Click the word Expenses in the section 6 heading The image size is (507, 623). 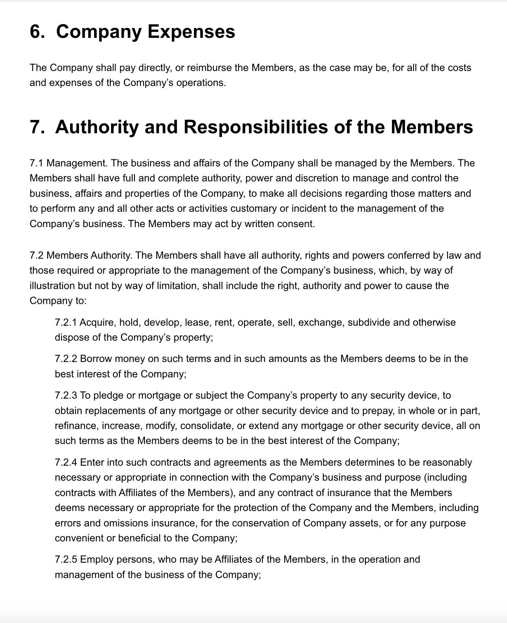(x=191, y=32)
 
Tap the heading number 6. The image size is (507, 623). (x=37, y=32)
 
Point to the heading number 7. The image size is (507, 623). (x=37, y=127)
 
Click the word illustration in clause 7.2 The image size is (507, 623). (x=47, y=286)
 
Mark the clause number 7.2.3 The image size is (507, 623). (x=66, y=395)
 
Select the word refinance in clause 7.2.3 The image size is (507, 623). (x=76, y=426)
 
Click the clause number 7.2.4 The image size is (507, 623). (x=66, y=463)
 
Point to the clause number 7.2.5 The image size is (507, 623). (x=66, y=560)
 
